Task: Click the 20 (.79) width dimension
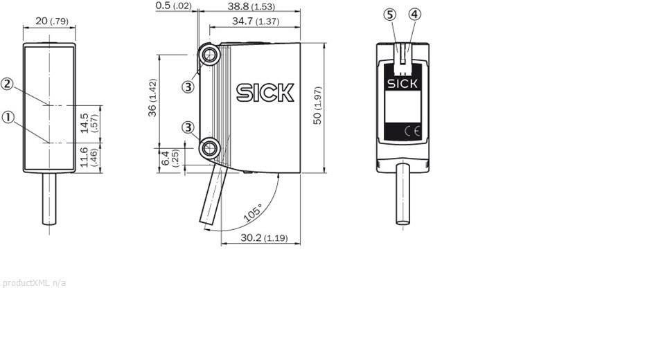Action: point(51,21)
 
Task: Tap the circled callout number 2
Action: point(8,84)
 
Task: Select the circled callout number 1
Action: point(8,117)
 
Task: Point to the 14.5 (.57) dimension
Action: point(89,123)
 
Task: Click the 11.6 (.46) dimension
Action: point(89,157)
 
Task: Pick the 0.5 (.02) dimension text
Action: point(174,6)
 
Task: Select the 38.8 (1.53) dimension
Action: point(251,6)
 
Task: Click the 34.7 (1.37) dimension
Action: point(256,21)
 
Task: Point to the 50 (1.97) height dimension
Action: point(317,105)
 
